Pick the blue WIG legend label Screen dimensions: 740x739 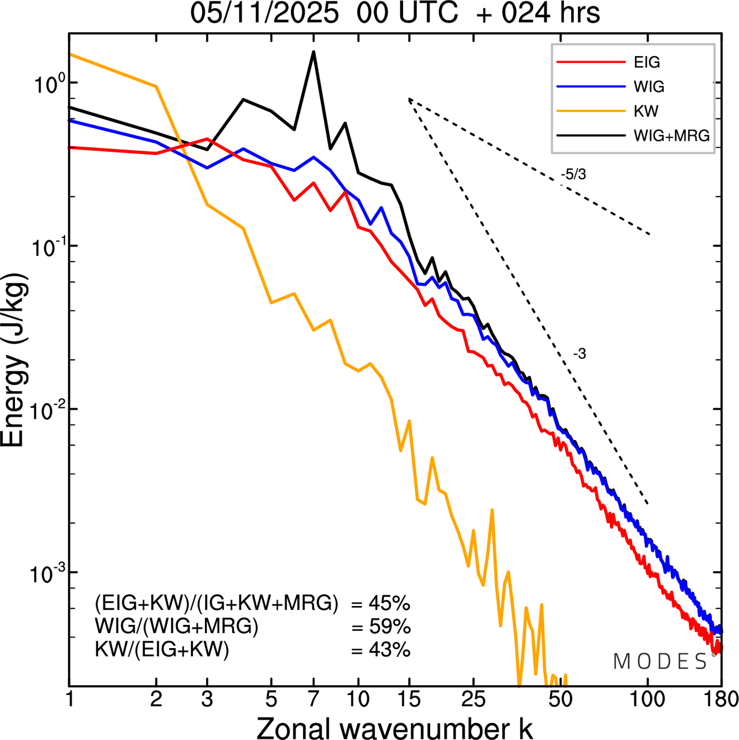coord(649,87)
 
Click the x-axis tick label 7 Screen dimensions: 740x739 coord(313,700)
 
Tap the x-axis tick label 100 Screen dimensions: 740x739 coord(647,700)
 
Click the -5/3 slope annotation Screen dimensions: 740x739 coord(573,174)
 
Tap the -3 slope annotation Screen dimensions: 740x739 coord(579,354)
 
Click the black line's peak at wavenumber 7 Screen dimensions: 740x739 coord(313,52)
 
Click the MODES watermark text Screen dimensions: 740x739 coord(660,662)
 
